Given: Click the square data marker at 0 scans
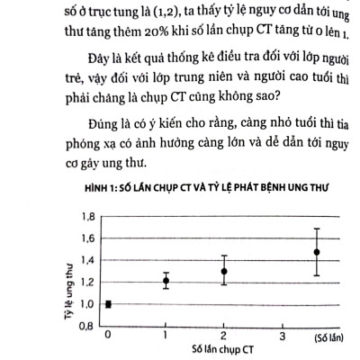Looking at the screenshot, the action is (x=108, y=303).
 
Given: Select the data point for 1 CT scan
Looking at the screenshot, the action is (x=166, y=281).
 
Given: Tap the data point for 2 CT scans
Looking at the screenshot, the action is (x=223, y=271).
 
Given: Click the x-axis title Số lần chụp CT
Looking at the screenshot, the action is (x=222, y=346).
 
